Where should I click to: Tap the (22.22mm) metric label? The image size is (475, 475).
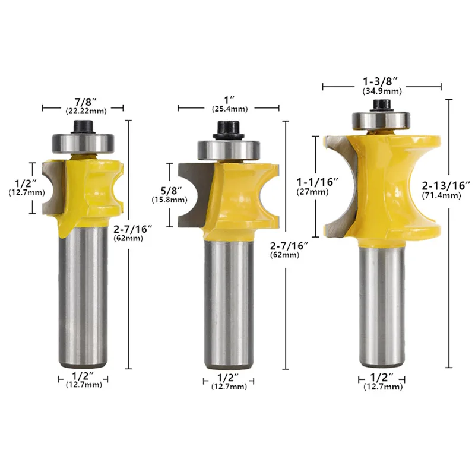[x=86, y=111]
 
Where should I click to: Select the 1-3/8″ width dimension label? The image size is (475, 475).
[x=380, y=81]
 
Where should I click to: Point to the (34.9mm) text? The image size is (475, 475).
[x=382, y=91]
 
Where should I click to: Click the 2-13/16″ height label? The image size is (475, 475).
[x=446, y=185]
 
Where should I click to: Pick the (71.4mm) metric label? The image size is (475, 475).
[x=441, y=195]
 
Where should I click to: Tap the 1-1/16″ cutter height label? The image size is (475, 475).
[x=318, y=182]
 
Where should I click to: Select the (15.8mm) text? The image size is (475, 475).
[x=169, y=200]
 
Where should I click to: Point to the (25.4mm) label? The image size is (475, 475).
[x=230, y=109]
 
